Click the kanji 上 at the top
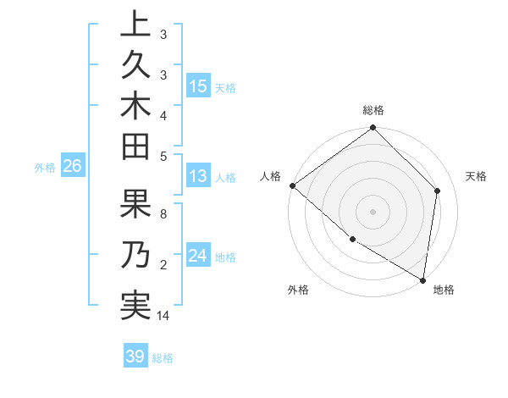[x=135, y=25]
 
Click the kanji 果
[x=135, y=206]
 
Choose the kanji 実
[x=135, y=304]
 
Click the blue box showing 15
[x=198, y=86]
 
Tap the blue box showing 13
[x=198, y=177]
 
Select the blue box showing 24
[x=198, y=257]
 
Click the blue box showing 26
[x=73, y=166]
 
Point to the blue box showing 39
[x=135, y=357]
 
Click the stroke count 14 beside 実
[x=164, y=316]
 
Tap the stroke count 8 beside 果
[x=163, y=214]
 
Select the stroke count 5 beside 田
[x=163, y=155]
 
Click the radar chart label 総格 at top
[x=373, y=110]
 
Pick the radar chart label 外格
[x=298, y=290]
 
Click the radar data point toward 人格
[x=292, y=185]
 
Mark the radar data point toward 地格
[x=422, y=279]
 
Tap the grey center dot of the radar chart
[x=373, y=211]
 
